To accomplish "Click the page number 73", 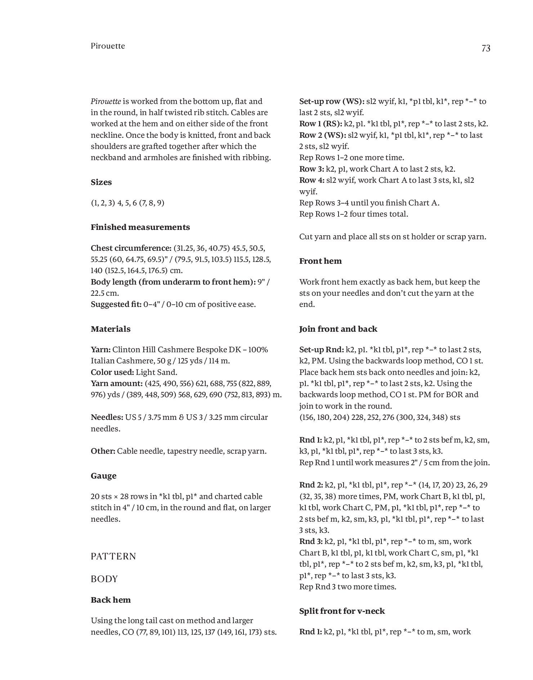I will pos(485,49).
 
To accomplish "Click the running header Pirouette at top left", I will pos(108,46).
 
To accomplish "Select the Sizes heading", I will pos(101,182).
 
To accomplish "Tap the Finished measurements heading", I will pos(140,227).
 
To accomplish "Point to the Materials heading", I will pos(111,329).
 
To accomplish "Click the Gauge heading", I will pos(103,476).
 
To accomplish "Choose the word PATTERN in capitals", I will pos(113,556).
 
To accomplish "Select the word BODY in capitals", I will pos(104,579).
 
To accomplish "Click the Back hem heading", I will pos(111,600).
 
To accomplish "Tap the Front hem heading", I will pos(320,261).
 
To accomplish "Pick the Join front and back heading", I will pos(338,329).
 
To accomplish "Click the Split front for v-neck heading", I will pos(342,611).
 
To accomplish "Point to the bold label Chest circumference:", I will pos(131,248).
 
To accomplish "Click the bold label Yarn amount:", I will pos(116,384).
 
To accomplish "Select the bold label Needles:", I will pos(107,417).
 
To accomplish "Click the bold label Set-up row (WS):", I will pos(332,101).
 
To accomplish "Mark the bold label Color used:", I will pos(112,372).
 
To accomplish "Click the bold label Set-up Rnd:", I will pos(322,350).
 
